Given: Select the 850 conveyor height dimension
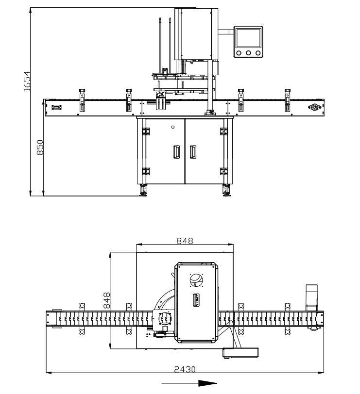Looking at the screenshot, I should (41, 148).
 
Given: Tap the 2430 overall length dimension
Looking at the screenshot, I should (185, 369).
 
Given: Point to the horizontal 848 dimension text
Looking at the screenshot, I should (184, 241).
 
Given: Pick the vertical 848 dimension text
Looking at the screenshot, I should (107, 300).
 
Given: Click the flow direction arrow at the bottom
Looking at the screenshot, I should (189, 383).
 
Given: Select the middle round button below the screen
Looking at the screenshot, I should (248, 53).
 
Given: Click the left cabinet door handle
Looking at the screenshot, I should (176, 152).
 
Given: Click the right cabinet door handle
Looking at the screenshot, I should (193, 152).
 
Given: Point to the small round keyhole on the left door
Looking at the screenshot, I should (173, 127).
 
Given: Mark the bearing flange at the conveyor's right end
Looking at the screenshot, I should (314, 107).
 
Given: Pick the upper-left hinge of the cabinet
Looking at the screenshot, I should (145, 131).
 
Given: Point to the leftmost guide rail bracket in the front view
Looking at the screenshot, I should (82, 99).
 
